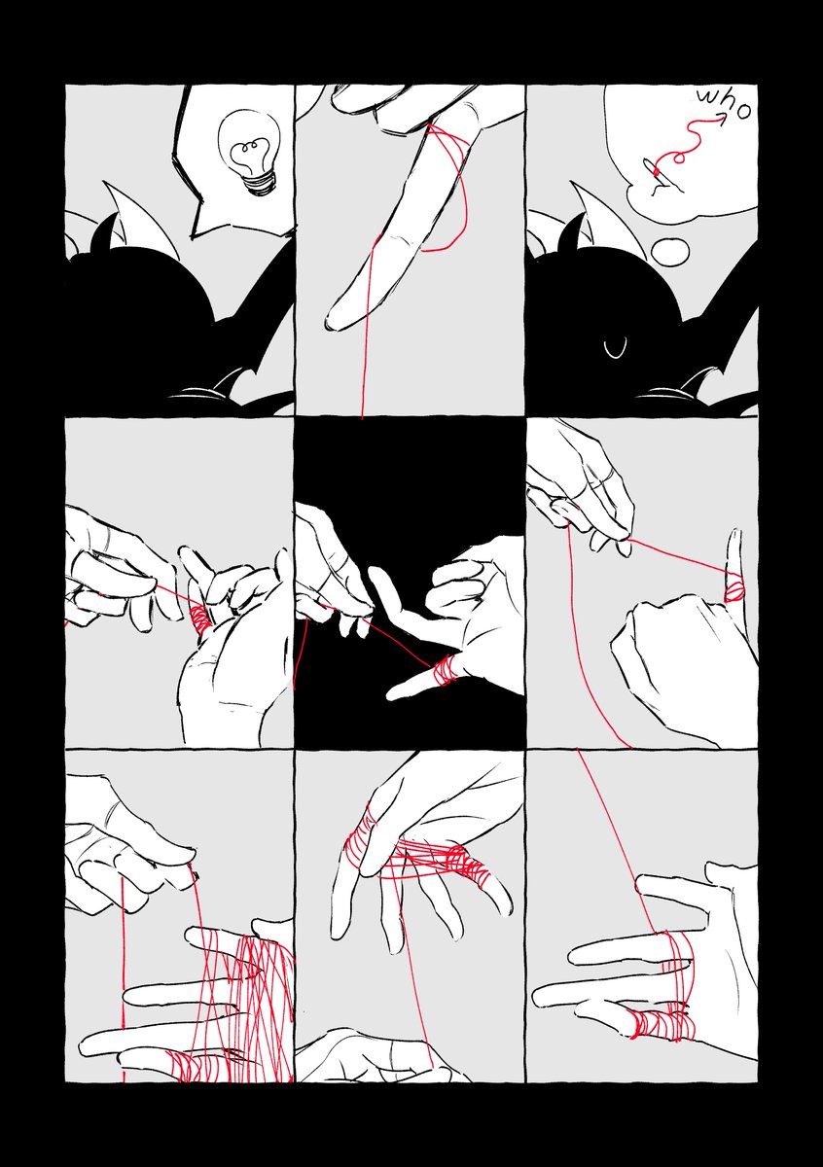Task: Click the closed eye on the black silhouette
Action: click(615, 350)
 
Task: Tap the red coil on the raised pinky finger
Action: click(734, 588)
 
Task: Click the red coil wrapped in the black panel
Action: click(444, 669)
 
